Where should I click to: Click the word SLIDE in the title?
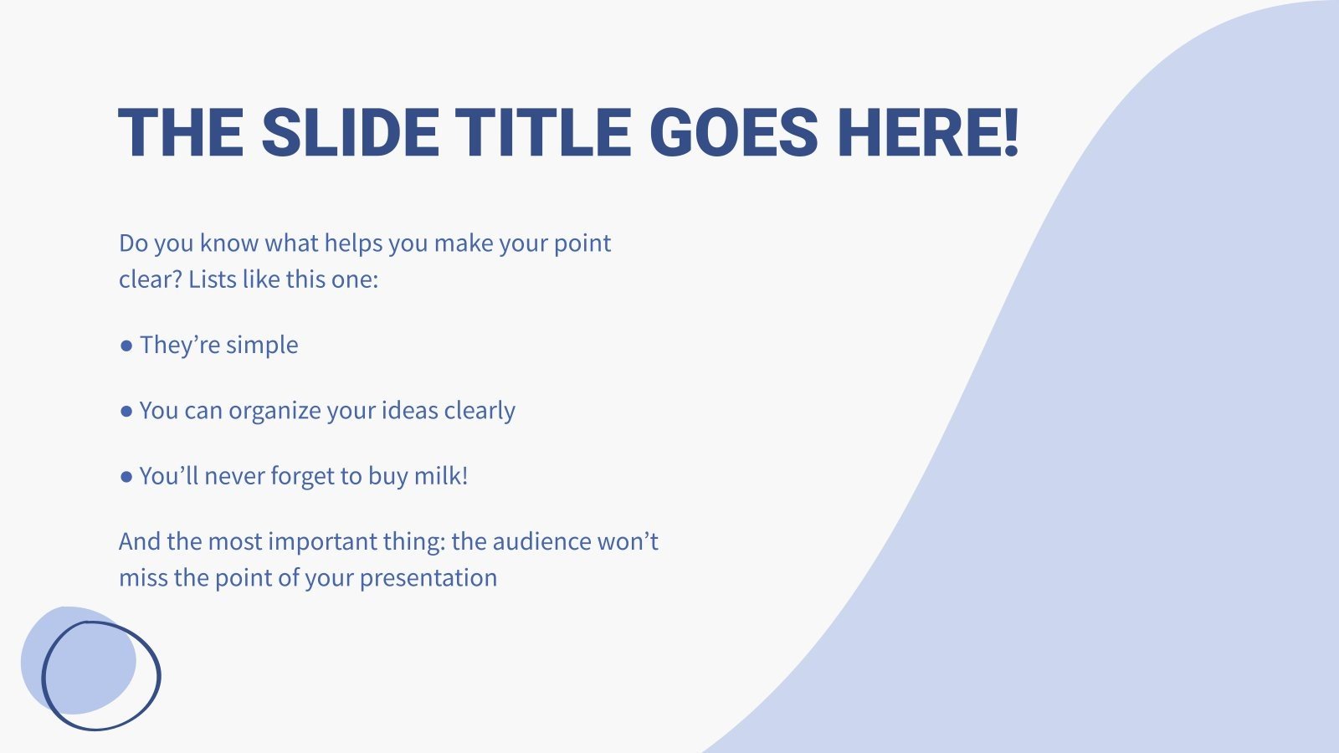(350, 134)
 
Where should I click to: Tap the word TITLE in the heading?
(543, 134)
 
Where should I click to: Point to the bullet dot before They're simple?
(126, 346)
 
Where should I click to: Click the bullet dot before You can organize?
(126, 411)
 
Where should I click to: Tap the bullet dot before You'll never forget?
(126, 477)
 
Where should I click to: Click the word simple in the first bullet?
(262, 346)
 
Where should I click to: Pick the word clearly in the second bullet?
(480, 411)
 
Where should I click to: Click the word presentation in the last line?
(428, 578)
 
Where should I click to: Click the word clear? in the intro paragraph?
(150, 279)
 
